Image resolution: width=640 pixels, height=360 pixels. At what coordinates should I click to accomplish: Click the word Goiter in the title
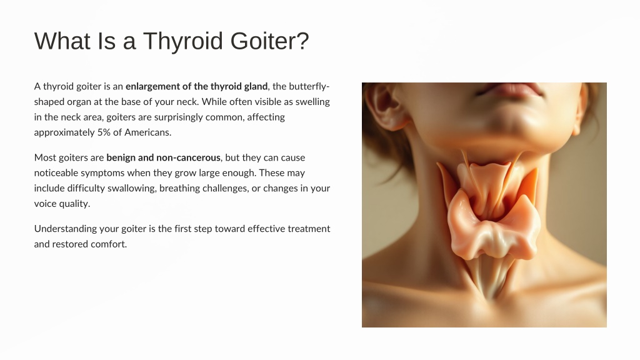tap(269, 41)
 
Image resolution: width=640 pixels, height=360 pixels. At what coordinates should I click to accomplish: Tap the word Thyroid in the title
tap(183, 42)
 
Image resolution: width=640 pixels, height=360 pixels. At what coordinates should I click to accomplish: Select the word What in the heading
tap(62, 41)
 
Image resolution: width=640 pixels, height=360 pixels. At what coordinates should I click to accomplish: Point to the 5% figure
tap(104, 132)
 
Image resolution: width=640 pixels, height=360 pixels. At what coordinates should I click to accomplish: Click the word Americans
tap(147, 132)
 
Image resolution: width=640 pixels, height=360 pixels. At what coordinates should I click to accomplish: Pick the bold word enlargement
tap(152, 86)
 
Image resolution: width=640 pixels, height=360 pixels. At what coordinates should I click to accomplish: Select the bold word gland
tap(256, 86)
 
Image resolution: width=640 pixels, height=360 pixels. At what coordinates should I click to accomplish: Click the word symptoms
tap(102, 173)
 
